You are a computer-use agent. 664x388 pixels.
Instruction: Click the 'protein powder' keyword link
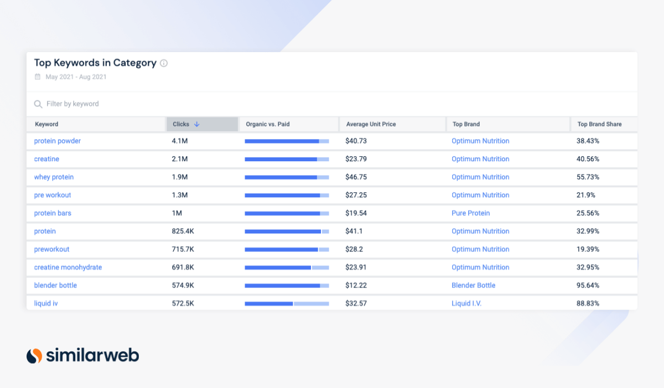coord(58,141)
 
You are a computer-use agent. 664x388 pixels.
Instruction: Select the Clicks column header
coord(181,124)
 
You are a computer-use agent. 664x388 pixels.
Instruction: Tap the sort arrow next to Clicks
coord(196,124)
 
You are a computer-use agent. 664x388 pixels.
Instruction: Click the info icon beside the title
coord(164,63)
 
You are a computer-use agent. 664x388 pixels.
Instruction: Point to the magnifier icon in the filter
coord(38,104)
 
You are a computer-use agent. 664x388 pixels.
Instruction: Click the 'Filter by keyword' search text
coord(72,104)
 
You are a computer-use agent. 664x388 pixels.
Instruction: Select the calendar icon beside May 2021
coord(38,77)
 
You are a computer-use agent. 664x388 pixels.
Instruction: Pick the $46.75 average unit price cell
coord(356,177)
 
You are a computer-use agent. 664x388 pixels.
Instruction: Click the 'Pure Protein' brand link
coord(470,213)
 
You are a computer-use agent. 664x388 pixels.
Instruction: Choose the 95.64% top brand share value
coord(588,285)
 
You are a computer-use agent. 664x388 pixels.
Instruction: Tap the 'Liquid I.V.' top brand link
coord(466,303)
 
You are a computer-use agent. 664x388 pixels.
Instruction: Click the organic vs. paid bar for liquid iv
coord(287,303)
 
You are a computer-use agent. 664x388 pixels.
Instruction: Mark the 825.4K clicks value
coord(183,231)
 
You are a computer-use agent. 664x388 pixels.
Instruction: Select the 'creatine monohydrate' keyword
coord(68,267)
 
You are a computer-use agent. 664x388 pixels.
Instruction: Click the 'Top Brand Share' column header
coord(599,124)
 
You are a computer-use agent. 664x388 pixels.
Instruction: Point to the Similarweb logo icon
coord(34,355)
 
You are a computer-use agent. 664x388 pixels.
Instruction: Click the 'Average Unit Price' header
coord(371,124)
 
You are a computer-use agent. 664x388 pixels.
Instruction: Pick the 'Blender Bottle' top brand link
coord(473,285)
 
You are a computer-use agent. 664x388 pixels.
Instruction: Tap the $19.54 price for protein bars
coord(356,213)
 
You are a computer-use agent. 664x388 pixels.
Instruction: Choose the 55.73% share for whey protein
coord(588,177)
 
